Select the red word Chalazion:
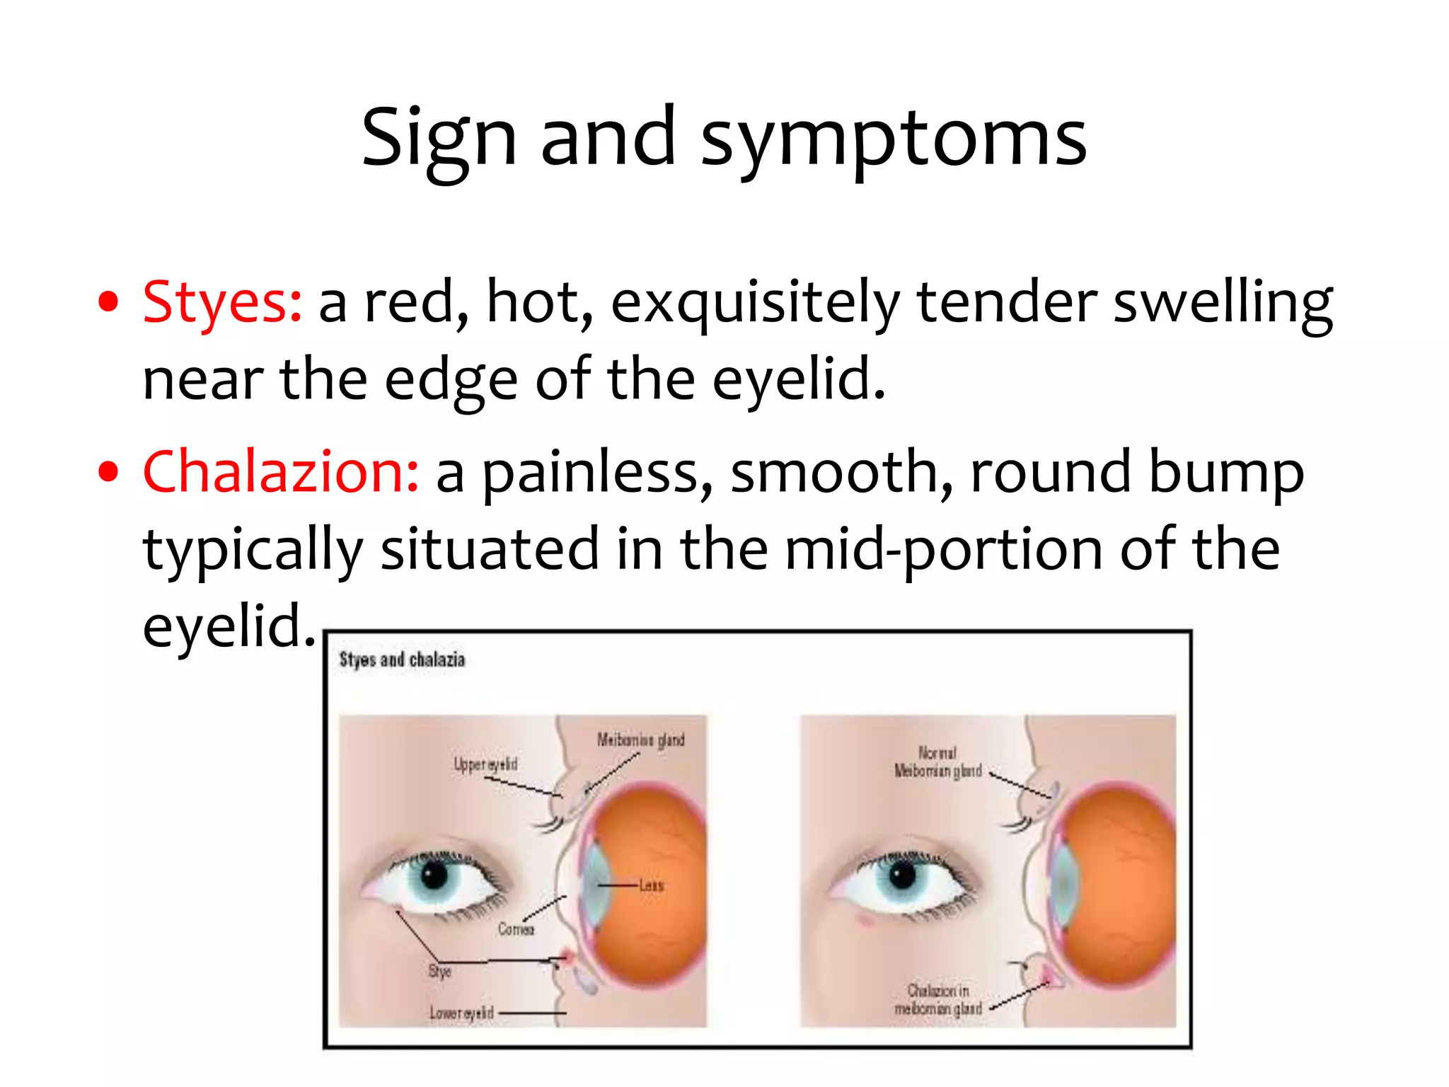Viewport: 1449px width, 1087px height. point(281,472)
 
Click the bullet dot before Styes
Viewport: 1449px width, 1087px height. point(108,302)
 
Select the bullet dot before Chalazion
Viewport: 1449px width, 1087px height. point(108,472)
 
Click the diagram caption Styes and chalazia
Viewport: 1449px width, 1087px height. point(402,660)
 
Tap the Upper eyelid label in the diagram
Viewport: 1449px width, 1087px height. point(485,764)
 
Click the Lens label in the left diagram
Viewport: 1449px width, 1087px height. point(651,885)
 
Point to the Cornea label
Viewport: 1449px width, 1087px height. point(516,929)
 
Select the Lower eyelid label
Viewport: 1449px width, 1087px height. point(461,1013)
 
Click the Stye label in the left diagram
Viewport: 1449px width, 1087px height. point(439,972)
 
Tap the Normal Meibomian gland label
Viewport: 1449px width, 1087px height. point(937,762)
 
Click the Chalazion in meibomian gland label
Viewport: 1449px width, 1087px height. point(938,999)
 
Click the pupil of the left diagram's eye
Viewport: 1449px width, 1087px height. point(434,875)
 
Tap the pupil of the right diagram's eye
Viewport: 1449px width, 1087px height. point(903,876)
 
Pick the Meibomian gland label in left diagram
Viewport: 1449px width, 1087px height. point(640,740)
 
